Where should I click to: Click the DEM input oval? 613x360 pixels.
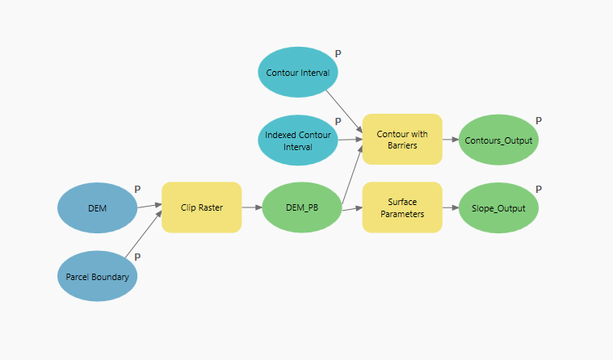97,207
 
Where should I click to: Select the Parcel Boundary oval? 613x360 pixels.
97,277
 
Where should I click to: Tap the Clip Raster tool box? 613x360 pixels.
201,207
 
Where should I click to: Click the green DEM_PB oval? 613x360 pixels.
302,207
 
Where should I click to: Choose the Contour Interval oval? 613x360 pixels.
298,73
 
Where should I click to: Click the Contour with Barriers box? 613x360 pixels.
401,139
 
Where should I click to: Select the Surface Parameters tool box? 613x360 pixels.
401,207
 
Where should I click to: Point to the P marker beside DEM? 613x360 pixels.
137,189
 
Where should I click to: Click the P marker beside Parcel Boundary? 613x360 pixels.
137,257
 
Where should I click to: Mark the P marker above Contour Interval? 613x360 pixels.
338,53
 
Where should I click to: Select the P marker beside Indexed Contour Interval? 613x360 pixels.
338,122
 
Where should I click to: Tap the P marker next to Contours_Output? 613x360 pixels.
539,120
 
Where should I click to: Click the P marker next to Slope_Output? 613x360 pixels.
539,190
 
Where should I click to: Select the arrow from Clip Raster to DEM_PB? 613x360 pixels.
251,207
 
